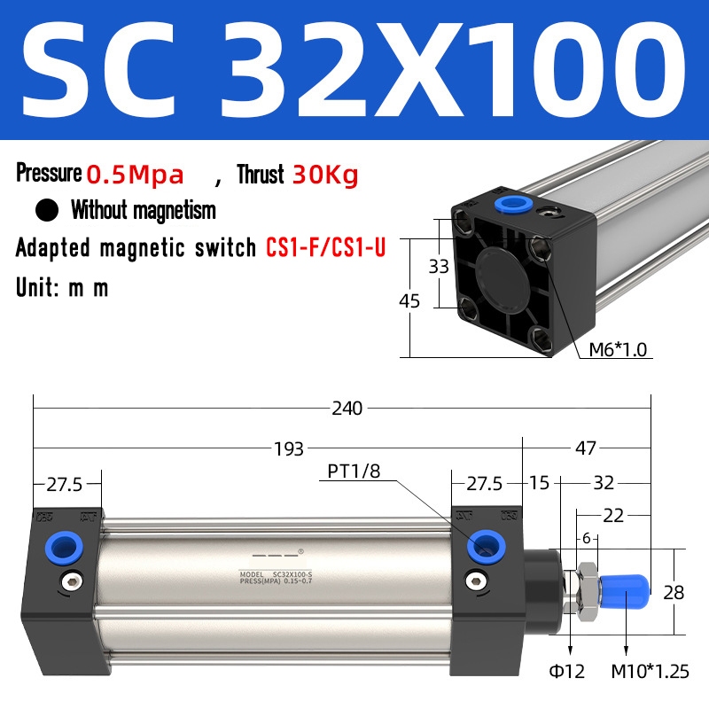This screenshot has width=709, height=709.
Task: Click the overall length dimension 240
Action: (347, 409)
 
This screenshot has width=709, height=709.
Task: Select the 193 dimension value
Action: (289, 448)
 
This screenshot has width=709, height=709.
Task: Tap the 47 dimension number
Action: (586, 448)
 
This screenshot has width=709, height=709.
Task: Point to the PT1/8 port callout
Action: (354, 471)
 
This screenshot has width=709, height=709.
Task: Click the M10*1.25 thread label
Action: (651, 672)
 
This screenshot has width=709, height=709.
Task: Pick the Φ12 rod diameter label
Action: (568, 672)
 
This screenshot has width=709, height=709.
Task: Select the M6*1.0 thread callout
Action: (619, 350)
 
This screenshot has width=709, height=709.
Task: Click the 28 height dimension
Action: (674, 593)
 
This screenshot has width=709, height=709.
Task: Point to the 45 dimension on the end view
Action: (409, 301)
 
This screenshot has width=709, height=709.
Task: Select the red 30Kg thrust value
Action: (324, 175)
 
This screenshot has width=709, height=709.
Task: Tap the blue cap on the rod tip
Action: (626, 587)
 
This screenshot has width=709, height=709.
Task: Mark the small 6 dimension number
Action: (586, 537)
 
